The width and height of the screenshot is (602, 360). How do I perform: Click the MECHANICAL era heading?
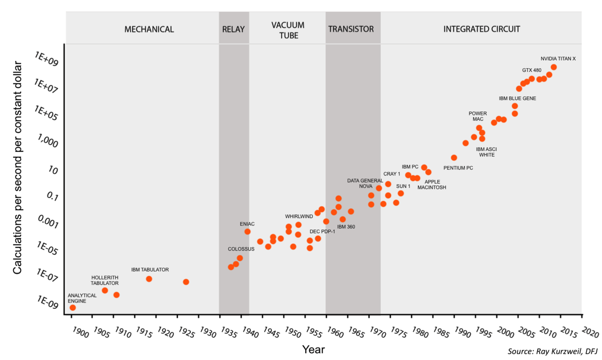[149, 29]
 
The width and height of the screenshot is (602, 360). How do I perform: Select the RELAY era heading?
[233, 29]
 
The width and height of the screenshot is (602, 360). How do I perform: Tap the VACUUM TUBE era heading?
[288, 30]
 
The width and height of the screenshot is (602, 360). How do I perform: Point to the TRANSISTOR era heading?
[351, 29]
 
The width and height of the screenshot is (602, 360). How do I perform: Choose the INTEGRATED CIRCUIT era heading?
[482, 29]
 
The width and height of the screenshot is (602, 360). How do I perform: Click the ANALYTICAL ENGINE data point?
[72, 307]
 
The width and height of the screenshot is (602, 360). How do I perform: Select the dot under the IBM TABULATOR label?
[149, 279]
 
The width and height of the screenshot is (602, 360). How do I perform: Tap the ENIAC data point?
[247, 232]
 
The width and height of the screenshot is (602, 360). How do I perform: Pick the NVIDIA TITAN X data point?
[554, 67]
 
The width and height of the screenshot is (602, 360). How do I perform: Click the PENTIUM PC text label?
[458, 168]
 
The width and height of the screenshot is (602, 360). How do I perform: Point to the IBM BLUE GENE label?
[517, 99]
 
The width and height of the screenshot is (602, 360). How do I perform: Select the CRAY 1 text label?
[391, 174]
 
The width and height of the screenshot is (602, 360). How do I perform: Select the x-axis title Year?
[313, 349]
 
